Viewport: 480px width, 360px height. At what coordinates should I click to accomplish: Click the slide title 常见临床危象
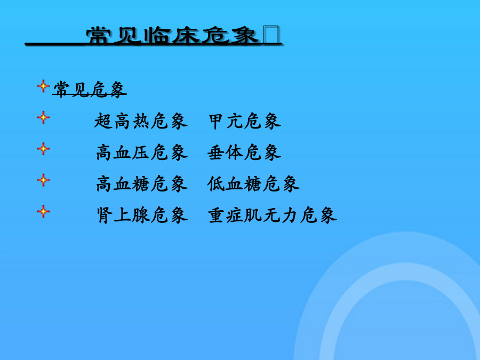172,36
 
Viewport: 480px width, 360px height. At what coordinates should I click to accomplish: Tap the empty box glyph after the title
271,35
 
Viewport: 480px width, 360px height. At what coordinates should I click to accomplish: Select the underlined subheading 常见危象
90,90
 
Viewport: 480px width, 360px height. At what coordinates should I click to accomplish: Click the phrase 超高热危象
141,121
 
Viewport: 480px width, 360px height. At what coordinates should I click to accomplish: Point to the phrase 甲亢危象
245,121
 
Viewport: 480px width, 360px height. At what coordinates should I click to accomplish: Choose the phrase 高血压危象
141,153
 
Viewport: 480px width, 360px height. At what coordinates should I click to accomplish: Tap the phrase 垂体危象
244,153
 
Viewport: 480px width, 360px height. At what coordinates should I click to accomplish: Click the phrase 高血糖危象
141,184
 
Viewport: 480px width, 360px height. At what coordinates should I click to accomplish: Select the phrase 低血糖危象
253,184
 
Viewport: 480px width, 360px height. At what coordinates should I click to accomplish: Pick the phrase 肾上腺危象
141,215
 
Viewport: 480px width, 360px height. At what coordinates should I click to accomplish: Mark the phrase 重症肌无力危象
272,215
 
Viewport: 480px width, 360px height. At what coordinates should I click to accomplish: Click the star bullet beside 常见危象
43,86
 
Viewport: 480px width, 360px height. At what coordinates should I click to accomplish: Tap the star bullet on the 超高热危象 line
43,117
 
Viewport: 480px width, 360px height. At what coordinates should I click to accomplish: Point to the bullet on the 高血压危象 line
43,149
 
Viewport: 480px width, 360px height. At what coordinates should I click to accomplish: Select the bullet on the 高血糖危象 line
43,180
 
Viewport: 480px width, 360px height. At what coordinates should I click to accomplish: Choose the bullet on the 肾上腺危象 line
43,212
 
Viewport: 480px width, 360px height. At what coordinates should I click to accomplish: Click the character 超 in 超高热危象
103,121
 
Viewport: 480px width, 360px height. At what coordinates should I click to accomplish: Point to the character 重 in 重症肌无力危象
217,215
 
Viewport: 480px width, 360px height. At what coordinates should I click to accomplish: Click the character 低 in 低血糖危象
216,184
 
